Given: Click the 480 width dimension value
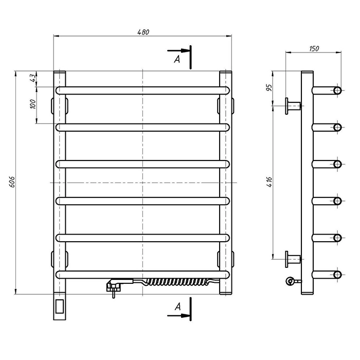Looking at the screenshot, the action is [x=143, y=32].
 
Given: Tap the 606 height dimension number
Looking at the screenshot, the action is [x=12, y=182].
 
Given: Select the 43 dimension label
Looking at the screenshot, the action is [x=33, y=78].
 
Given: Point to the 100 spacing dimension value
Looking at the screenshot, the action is [x=33, y=104].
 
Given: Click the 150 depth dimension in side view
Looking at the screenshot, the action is [x=314, y=48].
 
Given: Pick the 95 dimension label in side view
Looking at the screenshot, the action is [x=269, y=87].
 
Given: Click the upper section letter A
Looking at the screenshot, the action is [x=177, y=60].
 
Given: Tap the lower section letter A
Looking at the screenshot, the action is [x=178, y=307].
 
